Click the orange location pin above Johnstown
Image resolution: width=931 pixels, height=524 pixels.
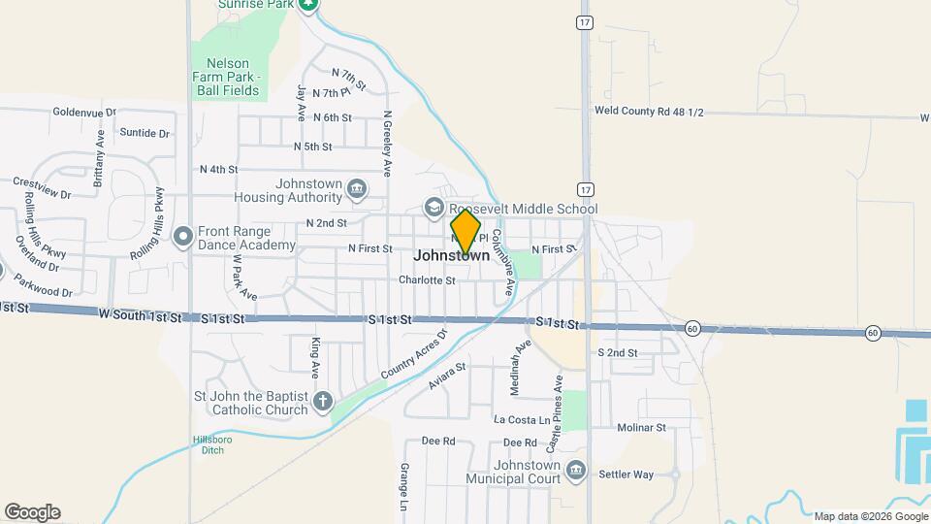coord(465,231)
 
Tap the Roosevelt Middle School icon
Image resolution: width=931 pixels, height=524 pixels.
coord(433,208)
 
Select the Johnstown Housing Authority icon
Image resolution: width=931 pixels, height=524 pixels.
coord(357,187)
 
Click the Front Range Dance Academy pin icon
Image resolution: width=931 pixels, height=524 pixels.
coord(182,237)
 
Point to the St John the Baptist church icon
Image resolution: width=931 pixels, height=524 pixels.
coord(323,401)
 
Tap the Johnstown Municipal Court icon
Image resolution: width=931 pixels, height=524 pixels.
coord(576,471)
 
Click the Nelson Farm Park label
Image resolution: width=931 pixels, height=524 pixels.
coord(229,77)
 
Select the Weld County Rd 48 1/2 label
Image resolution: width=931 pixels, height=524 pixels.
coord(649,112)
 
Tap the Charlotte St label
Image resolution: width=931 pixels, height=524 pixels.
coord(427,280)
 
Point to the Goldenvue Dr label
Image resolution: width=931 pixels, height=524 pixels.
coord(84,113)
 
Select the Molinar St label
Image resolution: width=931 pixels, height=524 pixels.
coord(641,427)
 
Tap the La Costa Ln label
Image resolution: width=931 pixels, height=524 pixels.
coord(522,419)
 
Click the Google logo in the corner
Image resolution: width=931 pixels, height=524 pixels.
coord(32,512)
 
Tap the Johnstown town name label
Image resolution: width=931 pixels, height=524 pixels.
coord(452,256)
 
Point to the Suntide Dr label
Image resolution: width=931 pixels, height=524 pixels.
coord(144,133)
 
